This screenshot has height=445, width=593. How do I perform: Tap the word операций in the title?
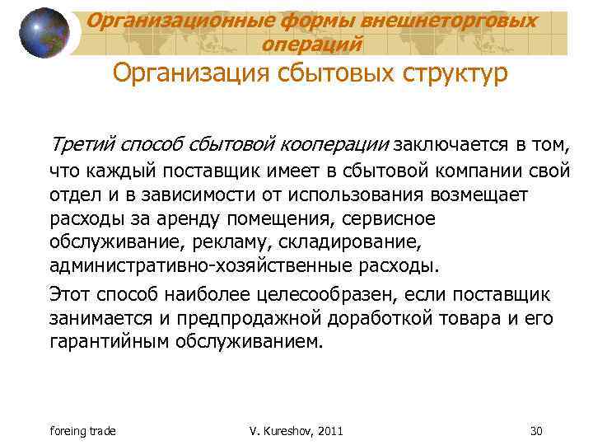pos(311,43)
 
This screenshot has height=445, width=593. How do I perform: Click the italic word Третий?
pos(83,145)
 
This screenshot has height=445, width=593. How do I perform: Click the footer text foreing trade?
pos(83,430)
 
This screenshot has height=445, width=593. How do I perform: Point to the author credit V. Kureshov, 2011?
pos(296,430)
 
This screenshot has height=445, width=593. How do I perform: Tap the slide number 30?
pos(535,430)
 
